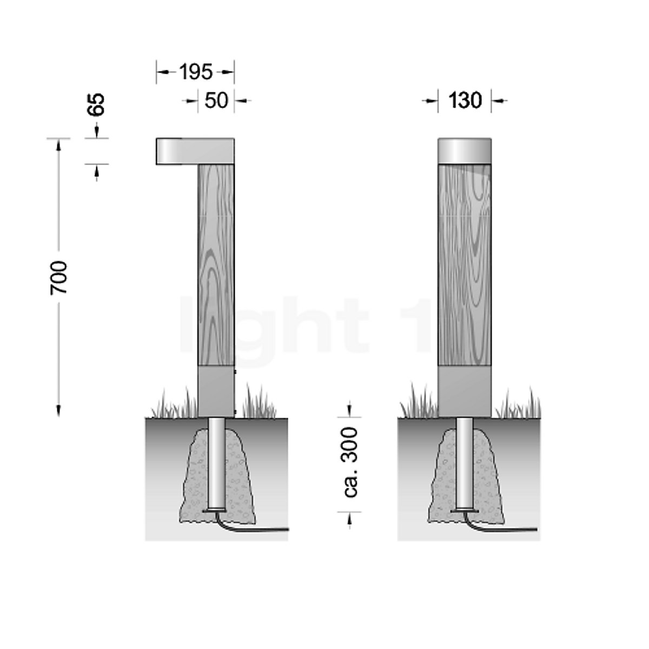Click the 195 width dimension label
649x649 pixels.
(x=196, y=71)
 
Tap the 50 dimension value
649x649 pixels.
(x=216, y=100)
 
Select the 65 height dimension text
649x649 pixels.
(x=96, y=104)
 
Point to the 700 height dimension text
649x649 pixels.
(x=58, y=277)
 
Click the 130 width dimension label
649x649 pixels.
(x=465, y=100)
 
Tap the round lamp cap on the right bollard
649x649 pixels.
(x=465, y=149)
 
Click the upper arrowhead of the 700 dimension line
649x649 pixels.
(x=58, y=144)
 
